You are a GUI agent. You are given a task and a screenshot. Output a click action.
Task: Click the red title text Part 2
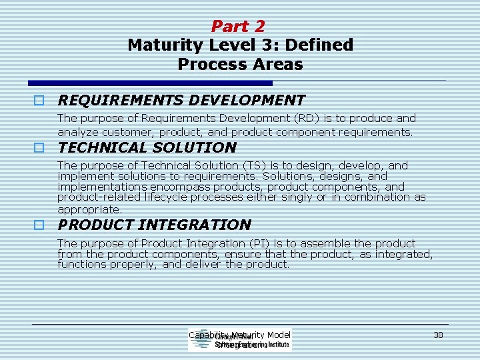238,27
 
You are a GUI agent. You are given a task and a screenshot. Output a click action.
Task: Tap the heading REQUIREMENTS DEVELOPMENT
181,101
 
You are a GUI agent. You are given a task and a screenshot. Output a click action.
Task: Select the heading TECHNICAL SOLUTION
147,147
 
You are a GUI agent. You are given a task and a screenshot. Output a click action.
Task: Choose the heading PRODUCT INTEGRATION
155,225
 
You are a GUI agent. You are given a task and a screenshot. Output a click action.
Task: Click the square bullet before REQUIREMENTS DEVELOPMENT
40,101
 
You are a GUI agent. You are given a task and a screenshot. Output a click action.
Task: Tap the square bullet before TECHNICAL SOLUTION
40,148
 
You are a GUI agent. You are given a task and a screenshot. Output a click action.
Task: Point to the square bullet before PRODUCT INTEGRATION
40,225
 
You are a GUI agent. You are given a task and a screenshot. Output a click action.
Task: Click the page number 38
438,335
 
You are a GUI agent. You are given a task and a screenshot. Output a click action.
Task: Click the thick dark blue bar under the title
151,83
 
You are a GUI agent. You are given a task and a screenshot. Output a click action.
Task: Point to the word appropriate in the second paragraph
89,209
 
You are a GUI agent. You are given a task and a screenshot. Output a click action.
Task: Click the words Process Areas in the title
240,65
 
